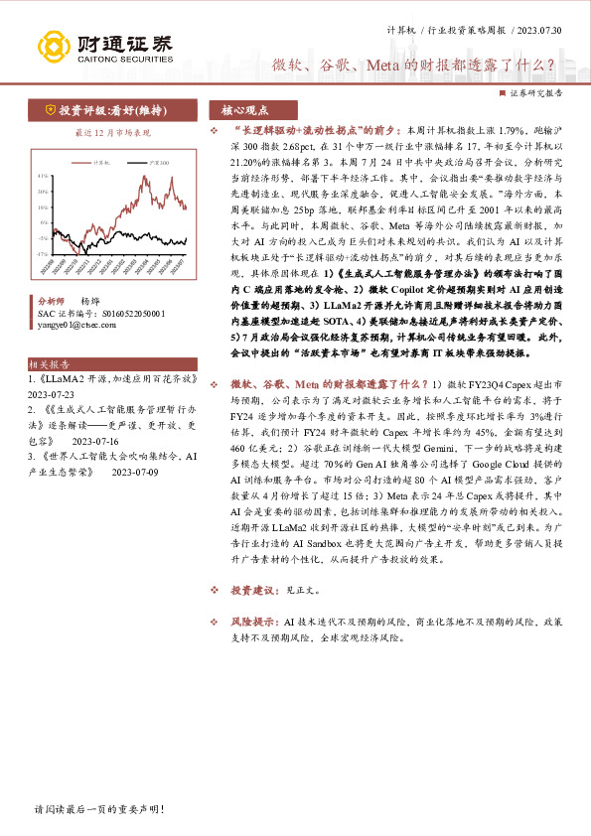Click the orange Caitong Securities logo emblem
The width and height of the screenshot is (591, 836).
coord(55,45)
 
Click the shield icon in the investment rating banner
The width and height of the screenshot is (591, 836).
coord(49,109)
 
